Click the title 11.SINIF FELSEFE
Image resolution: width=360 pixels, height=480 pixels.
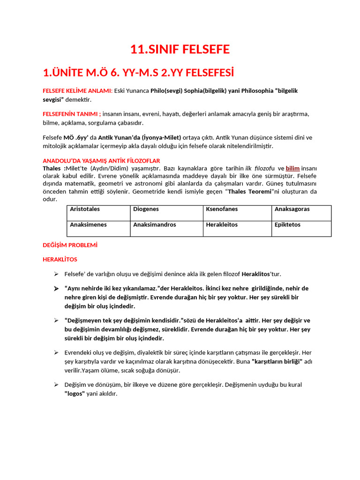coord(180,49)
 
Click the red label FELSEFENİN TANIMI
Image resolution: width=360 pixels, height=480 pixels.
coord(71,114)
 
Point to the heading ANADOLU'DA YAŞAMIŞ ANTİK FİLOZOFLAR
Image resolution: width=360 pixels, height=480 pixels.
coord(101,160)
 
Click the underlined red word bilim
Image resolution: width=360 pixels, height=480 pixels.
coord(293,168)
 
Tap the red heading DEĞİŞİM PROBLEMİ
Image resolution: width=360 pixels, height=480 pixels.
coord(70,245)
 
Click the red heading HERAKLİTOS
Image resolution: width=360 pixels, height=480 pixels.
coord(60,259)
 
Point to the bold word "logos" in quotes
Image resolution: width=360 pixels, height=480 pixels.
coord(75,394)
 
